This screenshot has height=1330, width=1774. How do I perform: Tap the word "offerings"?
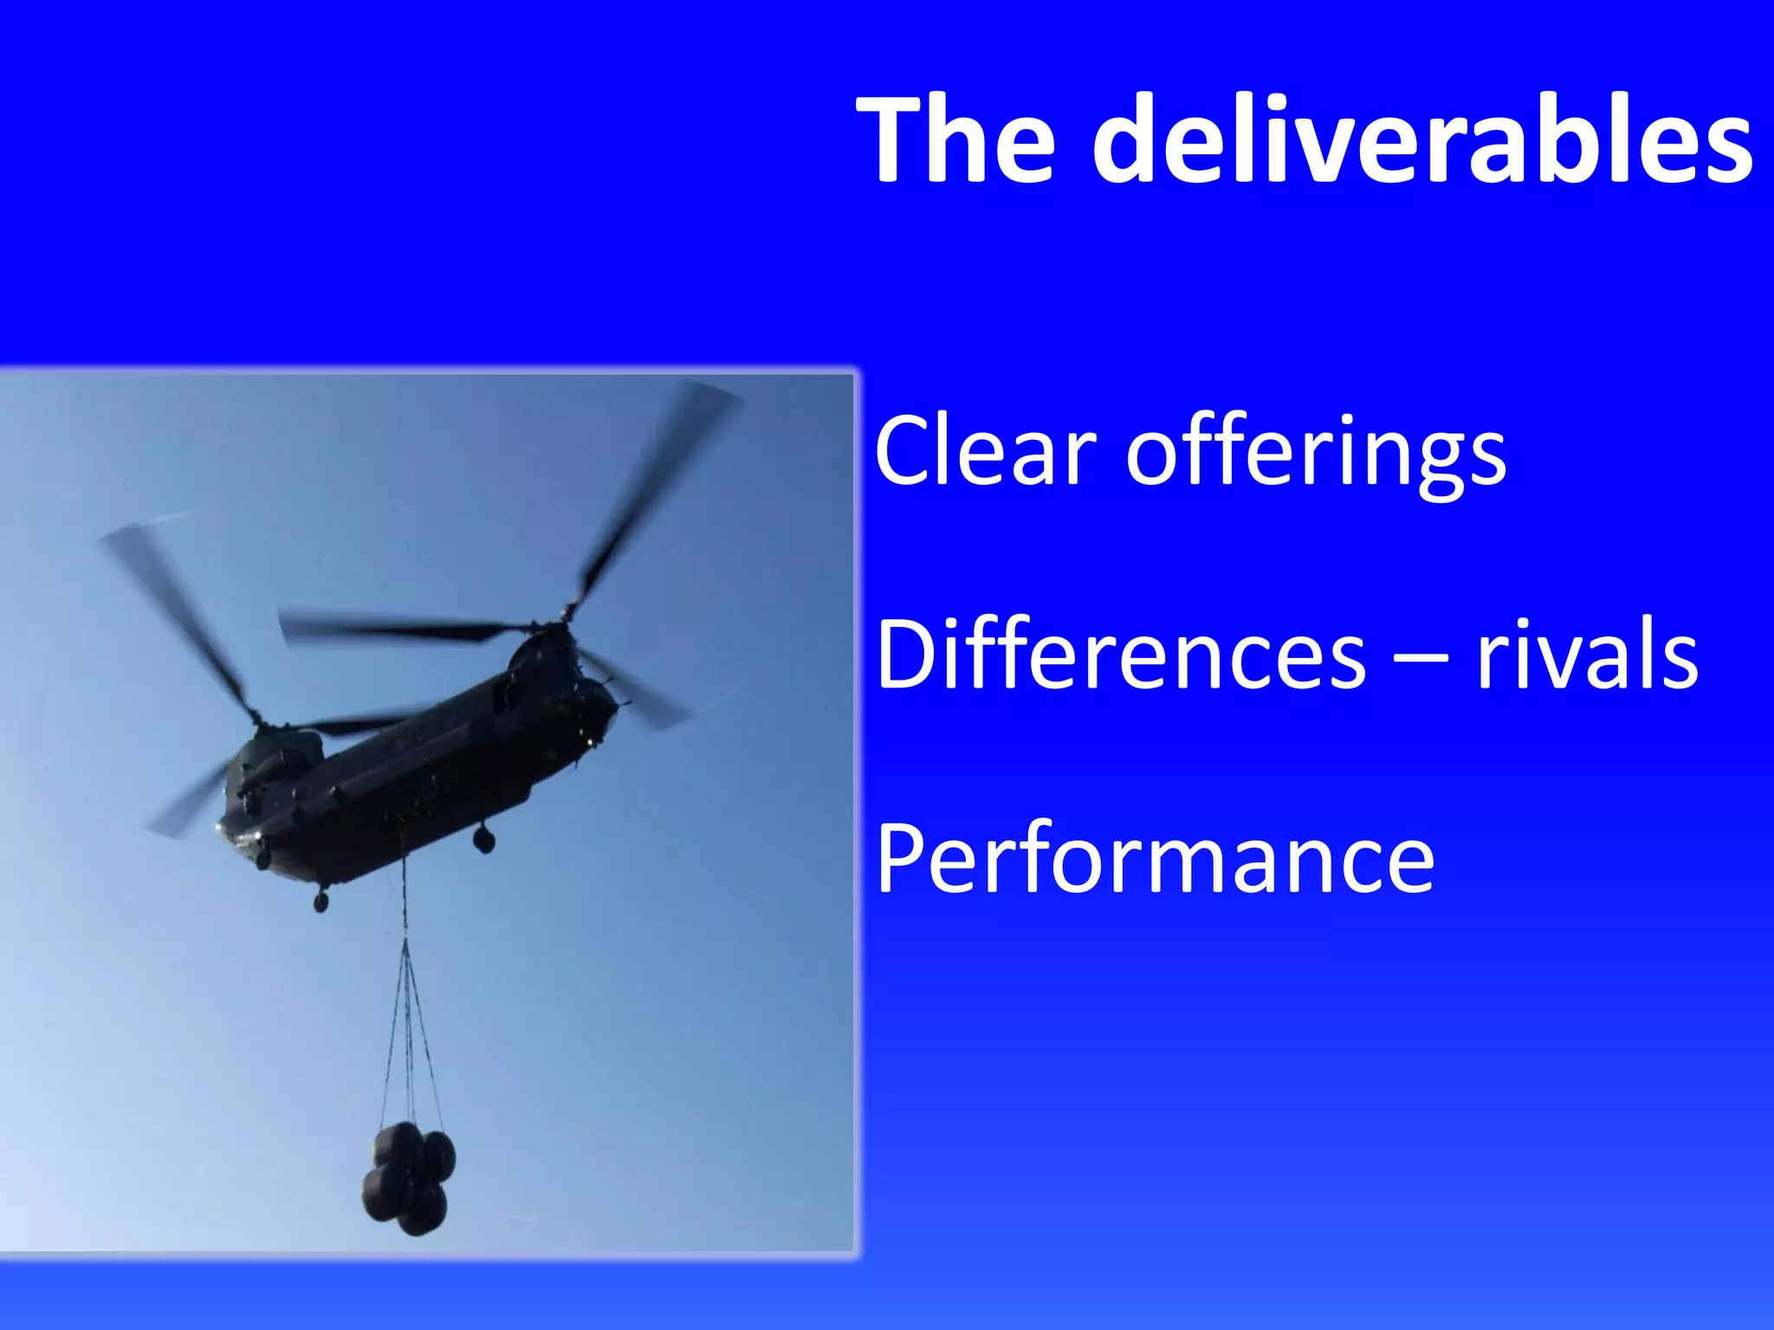(1316, 455)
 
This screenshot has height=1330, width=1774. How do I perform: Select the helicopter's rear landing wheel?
(483, 837)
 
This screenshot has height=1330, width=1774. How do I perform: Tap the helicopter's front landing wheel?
(321, 901)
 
